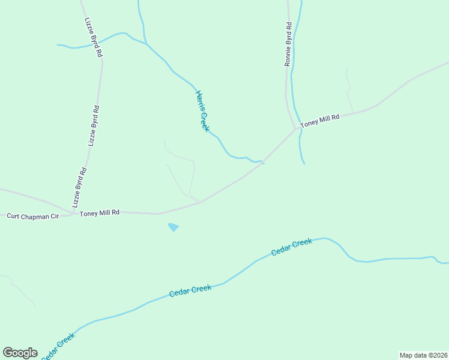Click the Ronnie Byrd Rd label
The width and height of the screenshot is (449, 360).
coord(288,44)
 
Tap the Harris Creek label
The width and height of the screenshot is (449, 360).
coord(202,111)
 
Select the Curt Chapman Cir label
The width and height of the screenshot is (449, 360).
coord(32,215)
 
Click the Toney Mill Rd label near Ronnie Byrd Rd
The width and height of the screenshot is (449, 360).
coord(320,120)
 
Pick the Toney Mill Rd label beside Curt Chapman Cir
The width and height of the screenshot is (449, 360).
coord(100,212)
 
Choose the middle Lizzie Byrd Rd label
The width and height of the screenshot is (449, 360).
coord(93,126)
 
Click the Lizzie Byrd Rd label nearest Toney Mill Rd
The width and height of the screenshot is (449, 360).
coord(79,187)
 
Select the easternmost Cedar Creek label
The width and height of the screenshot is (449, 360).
coord(292,247)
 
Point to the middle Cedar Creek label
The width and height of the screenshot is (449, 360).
coord(190,290)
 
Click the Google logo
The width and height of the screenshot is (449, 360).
coord(20,352)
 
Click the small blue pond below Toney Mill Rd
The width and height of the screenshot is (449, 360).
coord(173,227)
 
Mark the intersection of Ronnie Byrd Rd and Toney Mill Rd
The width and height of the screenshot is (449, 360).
coord(295,128)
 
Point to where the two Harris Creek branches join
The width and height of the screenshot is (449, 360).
coord(146,44)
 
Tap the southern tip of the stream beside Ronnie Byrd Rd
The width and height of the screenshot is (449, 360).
coord(304,164)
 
